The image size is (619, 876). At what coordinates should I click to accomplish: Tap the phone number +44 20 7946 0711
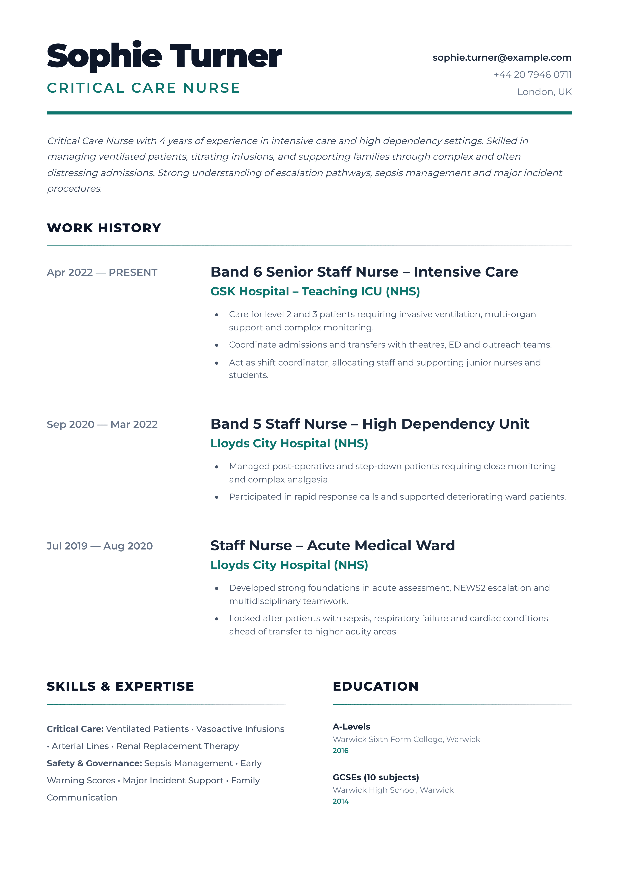[532, 75]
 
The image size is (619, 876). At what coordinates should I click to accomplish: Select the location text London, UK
[544, 92]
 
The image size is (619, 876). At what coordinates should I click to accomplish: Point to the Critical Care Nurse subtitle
[143, 88]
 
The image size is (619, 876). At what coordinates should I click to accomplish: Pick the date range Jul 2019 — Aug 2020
[99, 546]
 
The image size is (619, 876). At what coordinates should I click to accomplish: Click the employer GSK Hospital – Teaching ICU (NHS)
[315, 292]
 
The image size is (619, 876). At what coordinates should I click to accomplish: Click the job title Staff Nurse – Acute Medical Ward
[333, 546]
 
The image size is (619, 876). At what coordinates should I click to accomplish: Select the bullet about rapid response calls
[397, 497]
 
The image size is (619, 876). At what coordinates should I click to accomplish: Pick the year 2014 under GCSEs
[341, 801]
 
